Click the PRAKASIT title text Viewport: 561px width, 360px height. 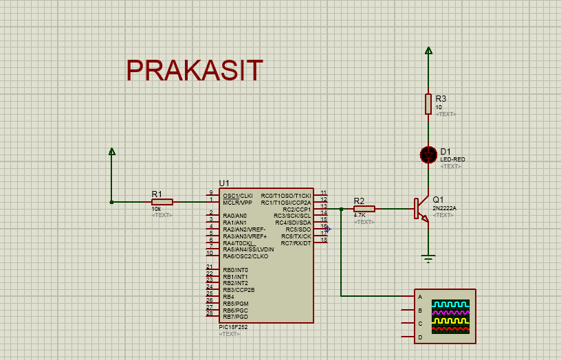point(195,71)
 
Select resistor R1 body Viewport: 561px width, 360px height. point(162,202)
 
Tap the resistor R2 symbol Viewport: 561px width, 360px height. point(364,209)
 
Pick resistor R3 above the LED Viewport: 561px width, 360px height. point(428,104)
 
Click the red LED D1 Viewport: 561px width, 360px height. point(428,155)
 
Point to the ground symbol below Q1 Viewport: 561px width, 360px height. point(428,258)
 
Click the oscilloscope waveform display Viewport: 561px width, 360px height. point(450,317)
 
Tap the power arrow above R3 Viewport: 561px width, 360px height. point(428,50)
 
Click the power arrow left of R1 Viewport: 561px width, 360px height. point(112,151)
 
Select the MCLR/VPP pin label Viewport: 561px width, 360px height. point(238,203)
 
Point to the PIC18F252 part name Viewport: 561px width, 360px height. point(233,327)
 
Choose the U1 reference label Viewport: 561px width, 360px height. point(224,183)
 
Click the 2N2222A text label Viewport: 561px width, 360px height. point(444,208)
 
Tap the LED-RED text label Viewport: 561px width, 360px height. point(452,159)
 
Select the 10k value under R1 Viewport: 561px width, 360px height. point(156,209)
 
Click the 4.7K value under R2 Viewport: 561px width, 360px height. point(360,216)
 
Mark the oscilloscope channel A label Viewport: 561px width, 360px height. point(420,297)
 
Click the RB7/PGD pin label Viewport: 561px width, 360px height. point(235,317)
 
